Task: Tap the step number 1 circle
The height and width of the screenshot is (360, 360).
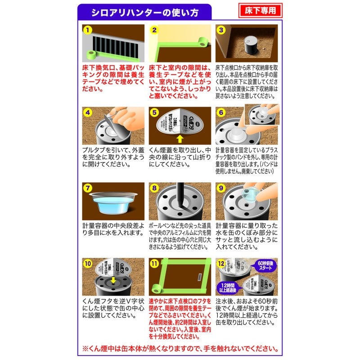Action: [88, 31]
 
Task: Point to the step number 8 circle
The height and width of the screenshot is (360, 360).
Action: [155, 188]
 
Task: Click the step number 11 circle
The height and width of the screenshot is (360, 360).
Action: [155, 264]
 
